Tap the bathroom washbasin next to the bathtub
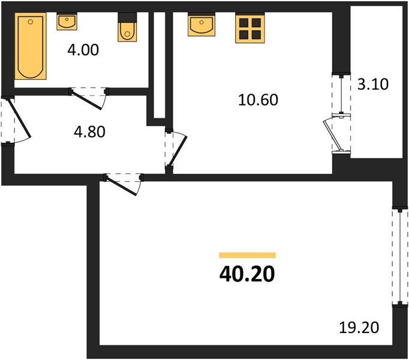point(66,22)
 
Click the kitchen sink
point(201,25)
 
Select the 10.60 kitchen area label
point(259,100)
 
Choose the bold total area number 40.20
point(247,274)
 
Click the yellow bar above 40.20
point(247,255)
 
